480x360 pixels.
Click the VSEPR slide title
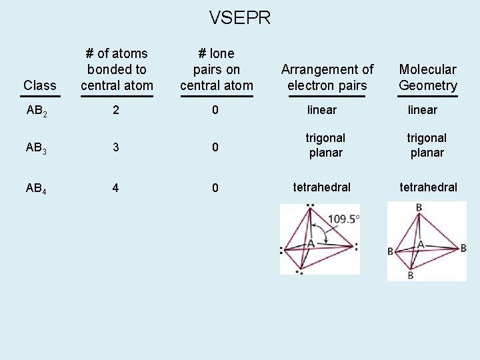point(240,18)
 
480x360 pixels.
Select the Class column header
point(40,85)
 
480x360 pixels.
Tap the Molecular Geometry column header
point(428,77)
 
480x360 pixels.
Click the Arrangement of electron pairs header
point(327,77)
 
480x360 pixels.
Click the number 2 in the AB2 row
point(116,110)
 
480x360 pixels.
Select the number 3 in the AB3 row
point(116,148)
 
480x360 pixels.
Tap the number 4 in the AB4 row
point(116,188)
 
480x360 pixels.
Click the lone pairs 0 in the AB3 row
point(215,148)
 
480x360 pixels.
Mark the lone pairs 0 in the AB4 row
point(215,188)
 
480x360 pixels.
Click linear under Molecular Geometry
point(423,109)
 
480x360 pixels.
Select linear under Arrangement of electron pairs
point(322,109)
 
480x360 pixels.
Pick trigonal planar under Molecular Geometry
point(427,145)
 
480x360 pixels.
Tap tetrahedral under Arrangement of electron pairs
point(322,187)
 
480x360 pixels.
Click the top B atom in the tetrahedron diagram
point(419,207)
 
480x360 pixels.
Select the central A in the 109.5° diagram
point(311,244)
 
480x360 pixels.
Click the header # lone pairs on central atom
point(217,69)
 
